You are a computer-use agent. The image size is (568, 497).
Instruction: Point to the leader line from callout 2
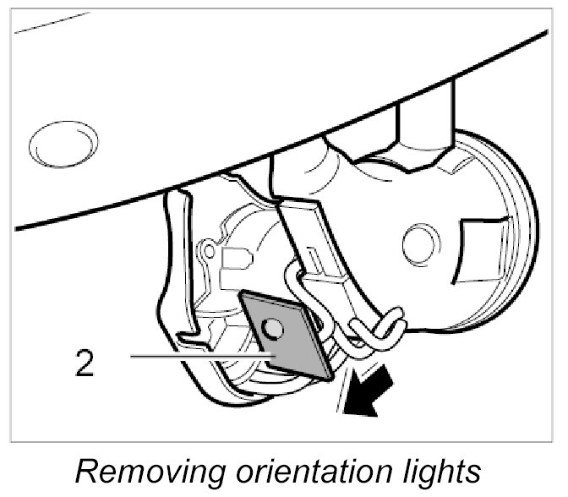point(194,358)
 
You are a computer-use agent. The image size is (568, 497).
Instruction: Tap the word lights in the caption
point(436,471)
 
